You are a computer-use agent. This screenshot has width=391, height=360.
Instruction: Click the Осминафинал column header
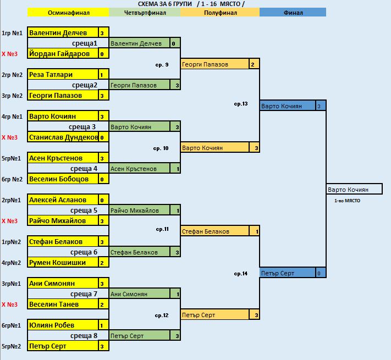coord(68,13)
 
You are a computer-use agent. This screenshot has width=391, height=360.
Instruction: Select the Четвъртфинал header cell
coord(145,13)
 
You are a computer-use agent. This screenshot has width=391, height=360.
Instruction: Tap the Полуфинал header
coord(219,13)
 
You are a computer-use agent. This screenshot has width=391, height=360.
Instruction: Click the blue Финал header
coord(293,13)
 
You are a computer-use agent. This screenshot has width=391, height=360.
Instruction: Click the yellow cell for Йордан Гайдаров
coord(63,54)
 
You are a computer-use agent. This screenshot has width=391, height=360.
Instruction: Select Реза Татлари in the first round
coord(63,75)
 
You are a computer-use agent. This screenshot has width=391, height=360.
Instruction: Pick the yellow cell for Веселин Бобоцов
coord(63,179)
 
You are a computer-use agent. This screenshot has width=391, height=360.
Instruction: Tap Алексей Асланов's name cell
coord(63,200)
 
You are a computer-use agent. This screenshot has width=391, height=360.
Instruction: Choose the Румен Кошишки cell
coord(63,263)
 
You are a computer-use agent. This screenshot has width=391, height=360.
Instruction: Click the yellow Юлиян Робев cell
coord(63,325)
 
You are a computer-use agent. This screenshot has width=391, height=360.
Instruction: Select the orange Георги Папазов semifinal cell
coord(214,64)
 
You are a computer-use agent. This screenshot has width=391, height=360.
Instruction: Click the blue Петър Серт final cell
coord(287,273)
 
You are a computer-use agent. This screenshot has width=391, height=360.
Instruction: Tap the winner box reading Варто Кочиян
coord(354,190)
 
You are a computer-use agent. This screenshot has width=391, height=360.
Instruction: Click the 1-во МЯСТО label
coord(347,201)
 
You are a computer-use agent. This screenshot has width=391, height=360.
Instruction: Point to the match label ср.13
coord(241,104)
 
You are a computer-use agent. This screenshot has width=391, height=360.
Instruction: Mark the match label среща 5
coord(84,211)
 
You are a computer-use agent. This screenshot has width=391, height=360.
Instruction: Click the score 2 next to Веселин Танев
coord(102,304)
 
